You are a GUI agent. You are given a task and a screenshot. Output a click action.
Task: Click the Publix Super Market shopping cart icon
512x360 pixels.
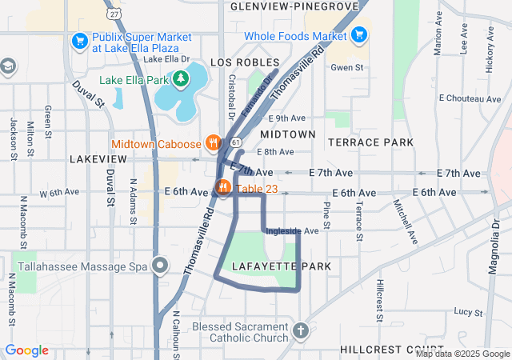pyautogui.click(x=80, y=40)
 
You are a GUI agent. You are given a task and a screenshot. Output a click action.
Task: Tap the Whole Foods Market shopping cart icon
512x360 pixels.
pyautogui.click(x=359, y=34)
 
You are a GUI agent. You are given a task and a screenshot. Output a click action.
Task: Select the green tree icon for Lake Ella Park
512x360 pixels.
pyautogui.click(x=182, y=78)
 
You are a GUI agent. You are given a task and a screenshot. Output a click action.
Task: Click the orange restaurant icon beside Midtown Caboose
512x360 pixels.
pyautogui.click(x=212, y=143)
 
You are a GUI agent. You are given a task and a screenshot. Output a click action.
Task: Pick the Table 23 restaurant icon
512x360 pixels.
pyautogui.click(x=222, y=189)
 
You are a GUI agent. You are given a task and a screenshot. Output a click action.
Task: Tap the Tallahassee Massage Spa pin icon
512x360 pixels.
pyautogui.click(x=160, y=265)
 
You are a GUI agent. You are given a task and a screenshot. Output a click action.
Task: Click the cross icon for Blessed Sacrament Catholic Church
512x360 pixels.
pyautogui.click(x=301, y=330)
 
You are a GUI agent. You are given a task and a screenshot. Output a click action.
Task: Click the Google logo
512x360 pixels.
pyautogui.click(x=26, y=350)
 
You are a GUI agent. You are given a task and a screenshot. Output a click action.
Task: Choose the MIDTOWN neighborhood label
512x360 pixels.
pyautogui.click(x=287, y=134)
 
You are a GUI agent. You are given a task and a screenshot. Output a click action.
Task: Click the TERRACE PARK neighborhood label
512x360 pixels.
pyautogui.click(x=371, y=142)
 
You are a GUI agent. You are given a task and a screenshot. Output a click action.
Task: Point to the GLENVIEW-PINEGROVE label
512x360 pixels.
pyautogui.click(x=294, y=6)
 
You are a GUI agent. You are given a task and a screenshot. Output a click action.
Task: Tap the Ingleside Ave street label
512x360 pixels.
pyautogui.click(x=292, y=231)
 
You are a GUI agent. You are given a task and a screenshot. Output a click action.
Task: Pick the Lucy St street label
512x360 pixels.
pyautogui.click(x=465, y=310)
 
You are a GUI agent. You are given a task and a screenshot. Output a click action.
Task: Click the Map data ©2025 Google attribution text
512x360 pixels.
pyautogui.click(x=462, y=354)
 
